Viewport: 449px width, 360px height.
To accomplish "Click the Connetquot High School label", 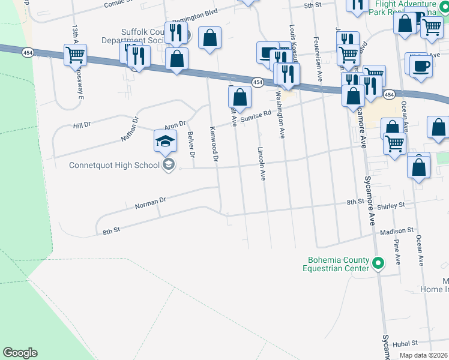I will pyautogui.click(x=114, y=165).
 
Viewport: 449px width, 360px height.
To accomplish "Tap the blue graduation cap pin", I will pyautogui.click(x=166, y=142).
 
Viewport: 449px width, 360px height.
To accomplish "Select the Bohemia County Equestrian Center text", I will pyautogui.click(x=338, y=265).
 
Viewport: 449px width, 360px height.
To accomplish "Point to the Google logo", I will pyautogui.click(x=20, y=353).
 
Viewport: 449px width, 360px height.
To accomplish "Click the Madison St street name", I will pyautogui.click(x=397, y=230).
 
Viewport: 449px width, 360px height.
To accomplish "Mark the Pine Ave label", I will pyautogui.click(x=397, y=252).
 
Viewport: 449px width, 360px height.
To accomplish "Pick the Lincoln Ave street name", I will pyautogui.click(x=261, y=164).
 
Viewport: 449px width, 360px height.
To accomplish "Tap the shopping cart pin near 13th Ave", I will pyautogui.click(x=76, y=55).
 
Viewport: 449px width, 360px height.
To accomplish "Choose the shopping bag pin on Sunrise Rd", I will pyautogui.click(x=240, y=97).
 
